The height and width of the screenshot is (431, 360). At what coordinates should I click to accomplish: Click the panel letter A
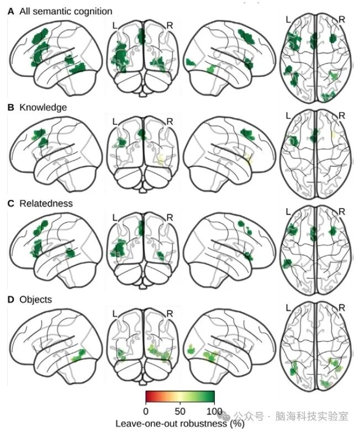point(10,11)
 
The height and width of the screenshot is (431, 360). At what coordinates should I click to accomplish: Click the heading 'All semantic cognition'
point(65,11)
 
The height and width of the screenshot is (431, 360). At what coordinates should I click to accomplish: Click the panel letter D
point(10,299)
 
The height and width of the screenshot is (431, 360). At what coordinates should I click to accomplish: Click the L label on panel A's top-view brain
point(288,20)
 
